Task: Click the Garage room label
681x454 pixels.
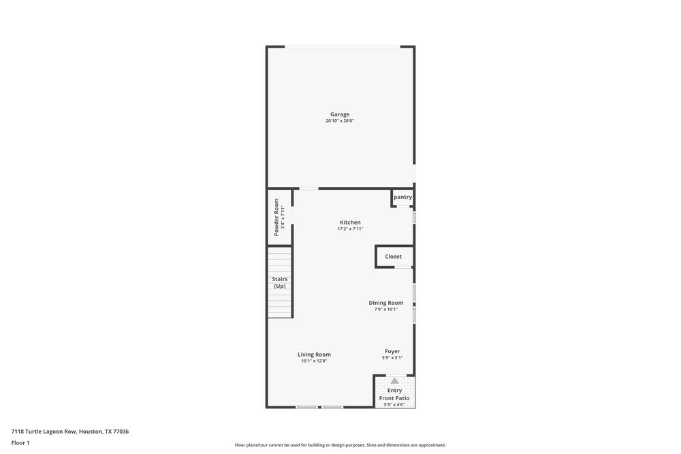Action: pyautogui.click(x=340, y=114)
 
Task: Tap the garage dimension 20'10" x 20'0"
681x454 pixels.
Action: pyautogui.click(x=340, y=121)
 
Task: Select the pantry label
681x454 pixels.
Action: pyautogui.click(x=402, y=197)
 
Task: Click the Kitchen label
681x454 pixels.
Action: pyautogui.click(x=350, y=223)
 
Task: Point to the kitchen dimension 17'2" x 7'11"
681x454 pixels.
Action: pyautogui.click(x=350, y=229)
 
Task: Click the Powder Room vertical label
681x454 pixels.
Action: pyautogui.click(x=276, y=217)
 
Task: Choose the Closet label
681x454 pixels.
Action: pyautogui.click(x=393, y=257)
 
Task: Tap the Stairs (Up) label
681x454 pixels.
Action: pyautogui.click(x=280, y=282)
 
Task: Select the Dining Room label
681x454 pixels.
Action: pyautogui.click(x=386, y=303)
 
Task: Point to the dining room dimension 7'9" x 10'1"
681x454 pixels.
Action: pyautogui.click(x=386, y=310)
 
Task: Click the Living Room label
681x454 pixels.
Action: pyautogui.click(x=314, y=354)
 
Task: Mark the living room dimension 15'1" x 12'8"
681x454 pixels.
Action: pyautogui.click(x=314, y=361)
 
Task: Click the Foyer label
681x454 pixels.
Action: pyautogui.click(x=392, y=351)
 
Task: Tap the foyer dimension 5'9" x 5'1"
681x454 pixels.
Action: pyautogui.click(x=392, y=358)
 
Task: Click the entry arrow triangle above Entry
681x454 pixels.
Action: pyautogui.click(x=394, y=380)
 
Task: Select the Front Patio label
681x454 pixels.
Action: pyautogui.click(x=394, y=398)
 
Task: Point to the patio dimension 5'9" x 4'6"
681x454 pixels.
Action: pyautogui.click(x=394, y=405)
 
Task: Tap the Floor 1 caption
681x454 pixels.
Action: pyautogui.click(x=20, y=443)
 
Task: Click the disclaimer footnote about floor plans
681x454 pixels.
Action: pyautogui.click(x=340, y=445)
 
